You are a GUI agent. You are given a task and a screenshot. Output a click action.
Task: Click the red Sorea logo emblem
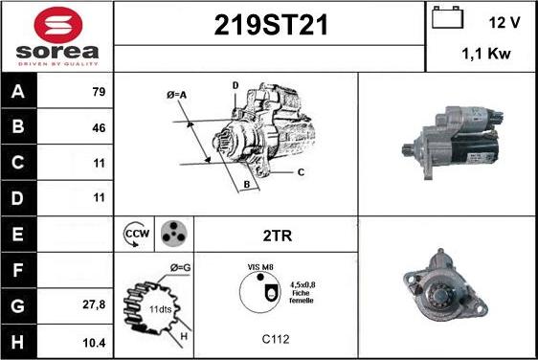click(58, 25)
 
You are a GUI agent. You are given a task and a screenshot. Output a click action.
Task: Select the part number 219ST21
click(271, 25)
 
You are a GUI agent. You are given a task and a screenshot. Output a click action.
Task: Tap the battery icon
click(447, 17)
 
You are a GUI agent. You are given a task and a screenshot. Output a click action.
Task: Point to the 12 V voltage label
click(504, 23)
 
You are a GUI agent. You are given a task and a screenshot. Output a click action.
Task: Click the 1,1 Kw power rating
click(486, 54)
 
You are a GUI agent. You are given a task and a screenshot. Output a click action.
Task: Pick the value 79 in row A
click(99, 92)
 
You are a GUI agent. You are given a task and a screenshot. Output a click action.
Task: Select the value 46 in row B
click(99, 127)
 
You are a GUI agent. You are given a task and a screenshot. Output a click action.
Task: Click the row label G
click(17, 305)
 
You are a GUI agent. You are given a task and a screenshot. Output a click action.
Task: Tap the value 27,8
click(94, 304)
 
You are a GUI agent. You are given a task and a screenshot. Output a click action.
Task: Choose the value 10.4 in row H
click(94, 343)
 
